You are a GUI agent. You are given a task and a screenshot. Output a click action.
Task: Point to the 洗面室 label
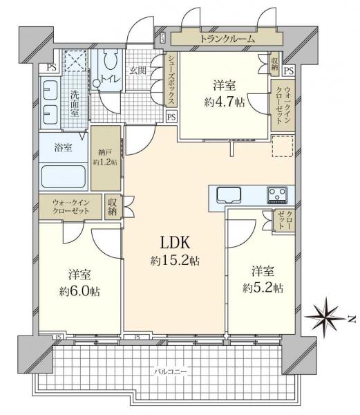[73, 103]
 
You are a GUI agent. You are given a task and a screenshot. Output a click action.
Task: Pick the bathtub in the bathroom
[63, 176]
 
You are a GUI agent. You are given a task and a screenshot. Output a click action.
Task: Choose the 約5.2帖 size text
[262, 287]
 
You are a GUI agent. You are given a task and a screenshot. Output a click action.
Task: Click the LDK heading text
[175, 243]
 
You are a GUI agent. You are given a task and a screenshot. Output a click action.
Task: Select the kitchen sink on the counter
[227, 193]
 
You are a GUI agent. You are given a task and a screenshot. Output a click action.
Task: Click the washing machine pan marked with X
[73, 62]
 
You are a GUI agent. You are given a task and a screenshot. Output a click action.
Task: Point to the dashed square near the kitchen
[282, 146]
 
